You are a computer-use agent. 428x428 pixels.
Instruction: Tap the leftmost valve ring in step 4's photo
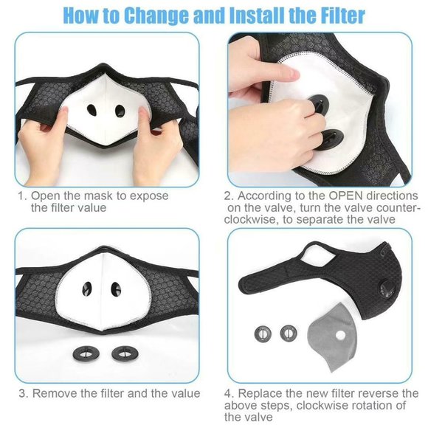263,333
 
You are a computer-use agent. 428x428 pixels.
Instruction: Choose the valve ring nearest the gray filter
288,333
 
